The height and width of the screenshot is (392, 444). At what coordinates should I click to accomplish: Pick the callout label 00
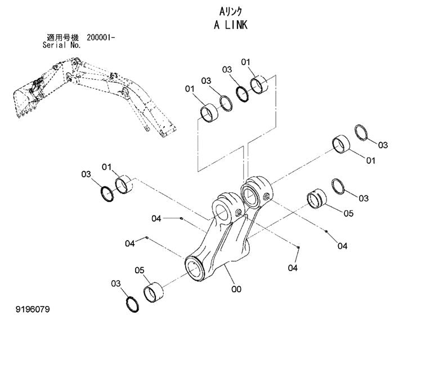(236, 289)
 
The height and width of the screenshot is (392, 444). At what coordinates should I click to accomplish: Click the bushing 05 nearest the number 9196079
(154, 292)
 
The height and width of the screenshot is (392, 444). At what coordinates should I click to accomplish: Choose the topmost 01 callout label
(246, 61)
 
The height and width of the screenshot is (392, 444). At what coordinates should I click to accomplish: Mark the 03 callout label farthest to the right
(383, 145)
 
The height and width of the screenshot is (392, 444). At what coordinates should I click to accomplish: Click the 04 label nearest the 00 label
(292, 268)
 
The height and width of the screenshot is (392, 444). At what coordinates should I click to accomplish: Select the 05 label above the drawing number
(140, 271)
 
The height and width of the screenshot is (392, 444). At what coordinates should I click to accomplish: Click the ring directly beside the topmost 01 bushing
(243, 92)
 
